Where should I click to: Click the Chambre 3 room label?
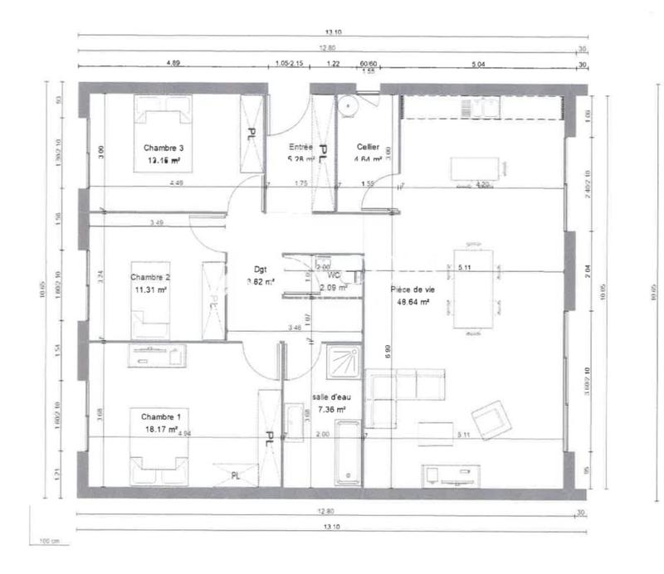pyautogui.click(x=164, y=148)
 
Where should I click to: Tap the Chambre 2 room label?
pyautogui.click(x=150, y=277)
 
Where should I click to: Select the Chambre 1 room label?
pyautogui.click(x=160, y=416)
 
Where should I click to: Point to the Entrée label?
pyautogui.click(x=300, y=147)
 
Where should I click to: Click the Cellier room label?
pyautogui.click(x=368, y=147)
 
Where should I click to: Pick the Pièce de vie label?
pyautogui.click(x=413, y=289)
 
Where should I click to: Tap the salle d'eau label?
pyautogui.click(x=329, y=396)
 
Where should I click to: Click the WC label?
pyautogui.click(x=334, y=275)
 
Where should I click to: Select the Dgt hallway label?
pyautogui.click(x=260, y=269)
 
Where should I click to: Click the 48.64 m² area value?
pyautogui.click(x=413, y=303)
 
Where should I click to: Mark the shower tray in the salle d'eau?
pyautogui.click(x=343, y=362)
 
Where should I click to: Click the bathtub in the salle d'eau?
pyautogui.click(x=349, y=459)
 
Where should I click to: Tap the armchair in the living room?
pyautogui.click(x=491, y=419)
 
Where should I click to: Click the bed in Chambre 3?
pyautogui.click(x=164, y=133)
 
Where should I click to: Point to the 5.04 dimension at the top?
pyautogui.click(x=478, y=63)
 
